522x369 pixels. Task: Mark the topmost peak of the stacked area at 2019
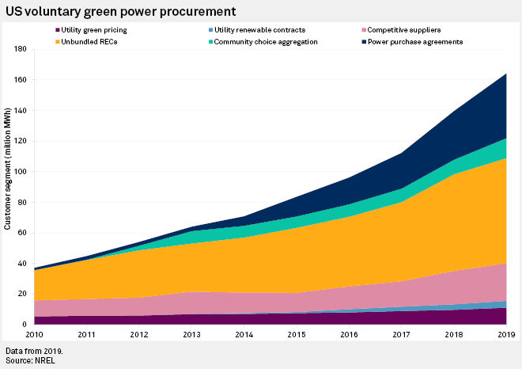(506, 74)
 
